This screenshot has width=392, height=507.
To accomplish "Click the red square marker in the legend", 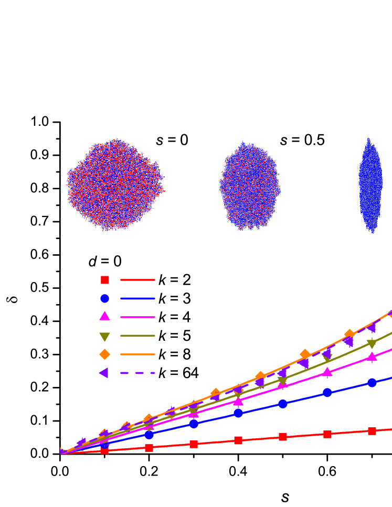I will (x=104, y=280).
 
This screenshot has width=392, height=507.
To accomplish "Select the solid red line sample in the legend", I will (x=137, y=280).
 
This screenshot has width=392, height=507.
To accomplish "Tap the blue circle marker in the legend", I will (x=104, y=298).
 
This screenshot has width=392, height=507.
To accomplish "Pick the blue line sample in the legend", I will (x=137, y=298).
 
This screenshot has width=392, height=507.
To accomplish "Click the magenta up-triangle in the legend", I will (x=104, y=316).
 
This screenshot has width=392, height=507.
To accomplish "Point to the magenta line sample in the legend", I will (x=137, y=317).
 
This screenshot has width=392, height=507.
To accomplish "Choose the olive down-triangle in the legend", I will (x=104, y=337).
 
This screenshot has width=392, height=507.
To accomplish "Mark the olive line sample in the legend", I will (x=137, y=336).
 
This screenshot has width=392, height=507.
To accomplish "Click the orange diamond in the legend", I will (x=104, y=354).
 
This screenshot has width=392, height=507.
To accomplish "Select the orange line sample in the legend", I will (x=137, y=354).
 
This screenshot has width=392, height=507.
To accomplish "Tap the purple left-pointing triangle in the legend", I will (x=104, y=373).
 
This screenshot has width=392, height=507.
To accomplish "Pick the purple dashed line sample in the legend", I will (x=137, y=373).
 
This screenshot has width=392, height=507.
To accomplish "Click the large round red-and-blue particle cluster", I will (x=115, y=185).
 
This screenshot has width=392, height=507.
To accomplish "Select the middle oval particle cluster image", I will (x=249, y=186).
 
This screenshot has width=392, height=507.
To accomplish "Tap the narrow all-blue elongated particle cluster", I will (x=370, y=186).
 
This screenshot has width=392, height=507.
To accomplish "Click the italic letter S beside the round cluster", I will (x=160, y=142).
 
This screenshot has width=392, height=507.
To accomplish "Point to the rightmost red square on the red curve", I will (x=372, y=431).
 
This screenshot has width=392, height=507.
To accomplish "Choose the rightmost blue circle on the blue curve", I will (x=372, y=383).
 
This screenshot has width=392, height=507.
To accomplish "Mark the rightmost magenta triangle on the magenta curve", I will (x=372, y=357).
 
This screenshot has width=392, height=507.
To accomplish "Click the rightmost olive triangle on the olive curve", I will (x=372, y=344).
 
